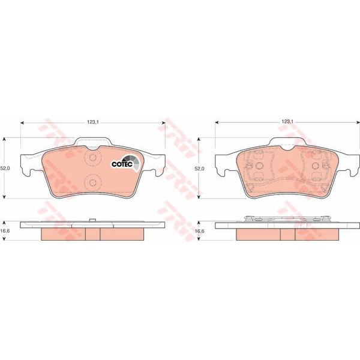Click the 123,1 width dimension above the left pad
[93, 122]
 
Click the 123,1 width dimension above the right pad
[287, 122]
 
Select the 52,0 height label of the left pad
[5, 168]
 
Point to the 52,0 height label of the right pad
[199, 169]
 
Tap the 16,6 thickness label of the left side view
[5, 231]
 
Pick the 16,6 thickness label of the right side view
[199, 231]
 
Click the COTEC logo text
[122, 164]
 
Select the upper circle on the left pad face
[93, 157]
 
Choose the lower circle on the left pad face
[93, 182]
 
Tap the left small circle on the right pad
[259, 166]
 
